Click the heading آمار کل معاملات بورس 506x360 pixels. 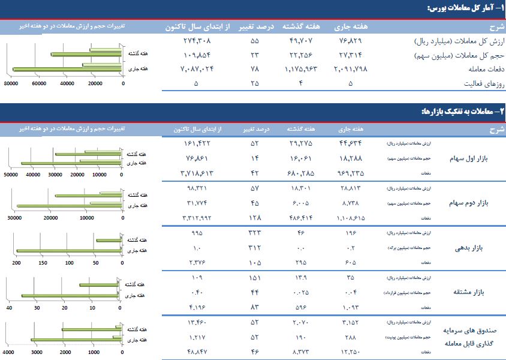pyautogui.click(x=464, y=8)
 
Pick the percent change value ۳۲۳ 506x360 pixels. pyautogui.click(x=255, y=232)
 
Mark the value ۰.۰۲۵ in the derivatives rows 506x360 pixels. pyautogui.click(x=300, y=292)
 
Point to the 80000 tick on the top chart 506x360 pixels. pyautogui.click(x=10, y=84)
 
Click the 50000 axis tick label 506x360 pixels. pyautogui.click(x=10, y=175)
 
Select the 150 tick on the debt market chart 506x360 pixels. pyautogui.click(x=43, y=263)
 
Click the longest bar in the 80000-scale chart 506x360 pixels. pyautogui.click(x=68, y=70)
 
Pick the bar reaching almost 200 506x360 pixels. pyautogui.click(x=69, y=251)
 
